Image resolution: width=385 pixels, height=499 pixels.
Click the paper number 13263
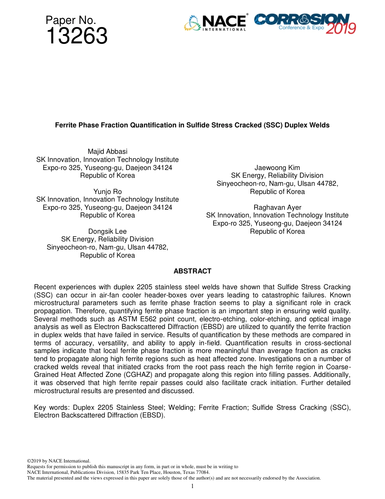point(77,37)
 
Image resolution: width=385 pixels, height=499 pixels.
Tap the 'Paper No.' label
point(71,20)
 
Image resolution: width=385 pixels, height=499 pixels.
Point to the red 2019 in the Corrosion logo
point(341,28)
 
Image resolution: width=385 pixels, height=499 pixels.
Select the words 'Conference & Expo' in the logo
point(301,28)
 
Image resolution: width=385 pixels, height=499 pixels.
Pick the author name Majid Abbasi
point(107,152)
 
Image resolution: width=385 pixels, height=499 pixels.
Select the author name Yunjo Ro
point(107,191)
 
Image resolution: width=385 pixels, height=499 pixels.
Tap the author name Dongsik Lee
point(107,231)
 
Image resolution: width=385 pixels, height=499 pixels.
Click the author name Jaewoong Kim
point(277,168)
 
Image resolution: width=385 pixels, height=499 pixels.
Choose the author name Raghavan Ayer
point(277,207)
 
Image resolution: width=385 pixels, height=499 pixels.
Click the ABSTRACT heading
point(192,271)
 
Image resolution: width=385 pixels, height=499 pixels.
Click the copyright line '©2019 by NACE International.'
point(58,461)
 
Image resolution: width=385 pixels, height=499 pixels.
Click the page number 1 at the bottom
point(192,486)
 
